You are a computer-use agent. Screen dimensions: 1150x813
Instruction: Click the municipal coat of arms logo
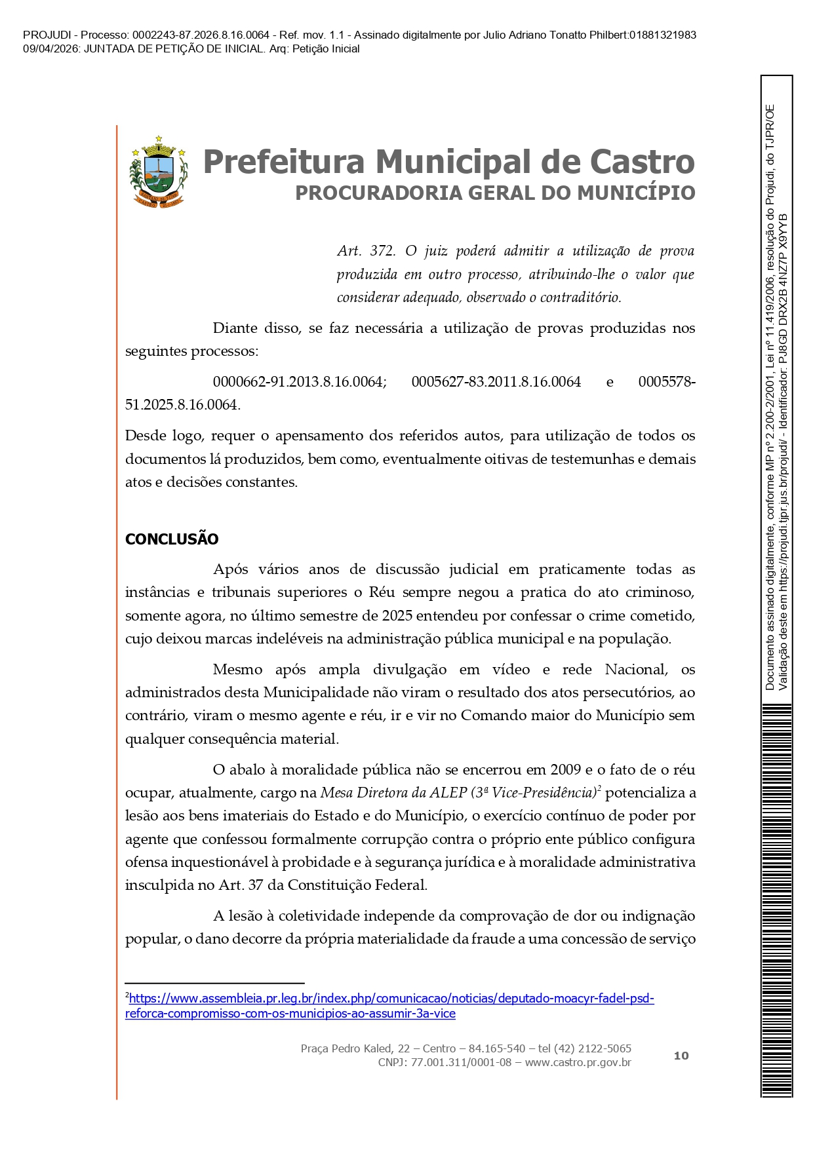pyautogui.click(x=159, y=172)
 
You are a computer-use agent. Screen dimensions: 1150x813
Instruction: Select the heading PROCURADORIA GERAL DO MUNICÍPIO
pyautogui.click(x=495, y=193)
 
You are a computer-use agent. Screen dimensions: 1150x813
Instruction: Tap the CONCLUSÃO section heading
pyautogui.click(x=172, y=539)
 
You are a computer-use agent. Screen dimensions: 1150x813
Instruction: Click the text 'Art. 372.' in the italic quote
pyautogui.click(x=366, y=251)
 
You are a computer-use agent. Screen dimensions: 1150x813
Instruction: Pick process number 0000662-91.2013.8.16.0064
pyautogui.click(x=299, y=382)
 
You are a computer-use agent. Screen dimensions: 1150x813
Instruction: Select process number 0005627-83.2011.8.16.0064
pyautogui.click(x=496, y=382)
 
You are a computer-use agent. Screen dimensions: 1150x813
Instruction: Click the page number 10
pyautogui.click(x=681, y=1056)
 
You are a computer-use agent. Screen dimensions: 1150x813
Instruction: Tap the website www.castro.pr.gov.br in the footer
pyautogui.click(x=578, y=1062)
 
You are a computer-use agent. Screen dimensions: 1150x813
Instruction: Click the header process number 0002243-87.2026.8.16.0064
pyautogui.click(x=201, y=35)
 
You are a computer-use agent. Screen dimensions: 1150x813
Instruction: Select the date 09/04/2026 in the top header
pyautogui.click(x=51, y=49)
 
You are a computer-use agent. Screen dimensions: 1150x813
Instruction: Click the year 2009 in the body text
pyautogui.click(x=566, y=770)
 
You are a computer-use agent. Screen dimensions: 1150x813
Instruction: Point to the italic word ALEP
pyautogui.click(x=448, y=793)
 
